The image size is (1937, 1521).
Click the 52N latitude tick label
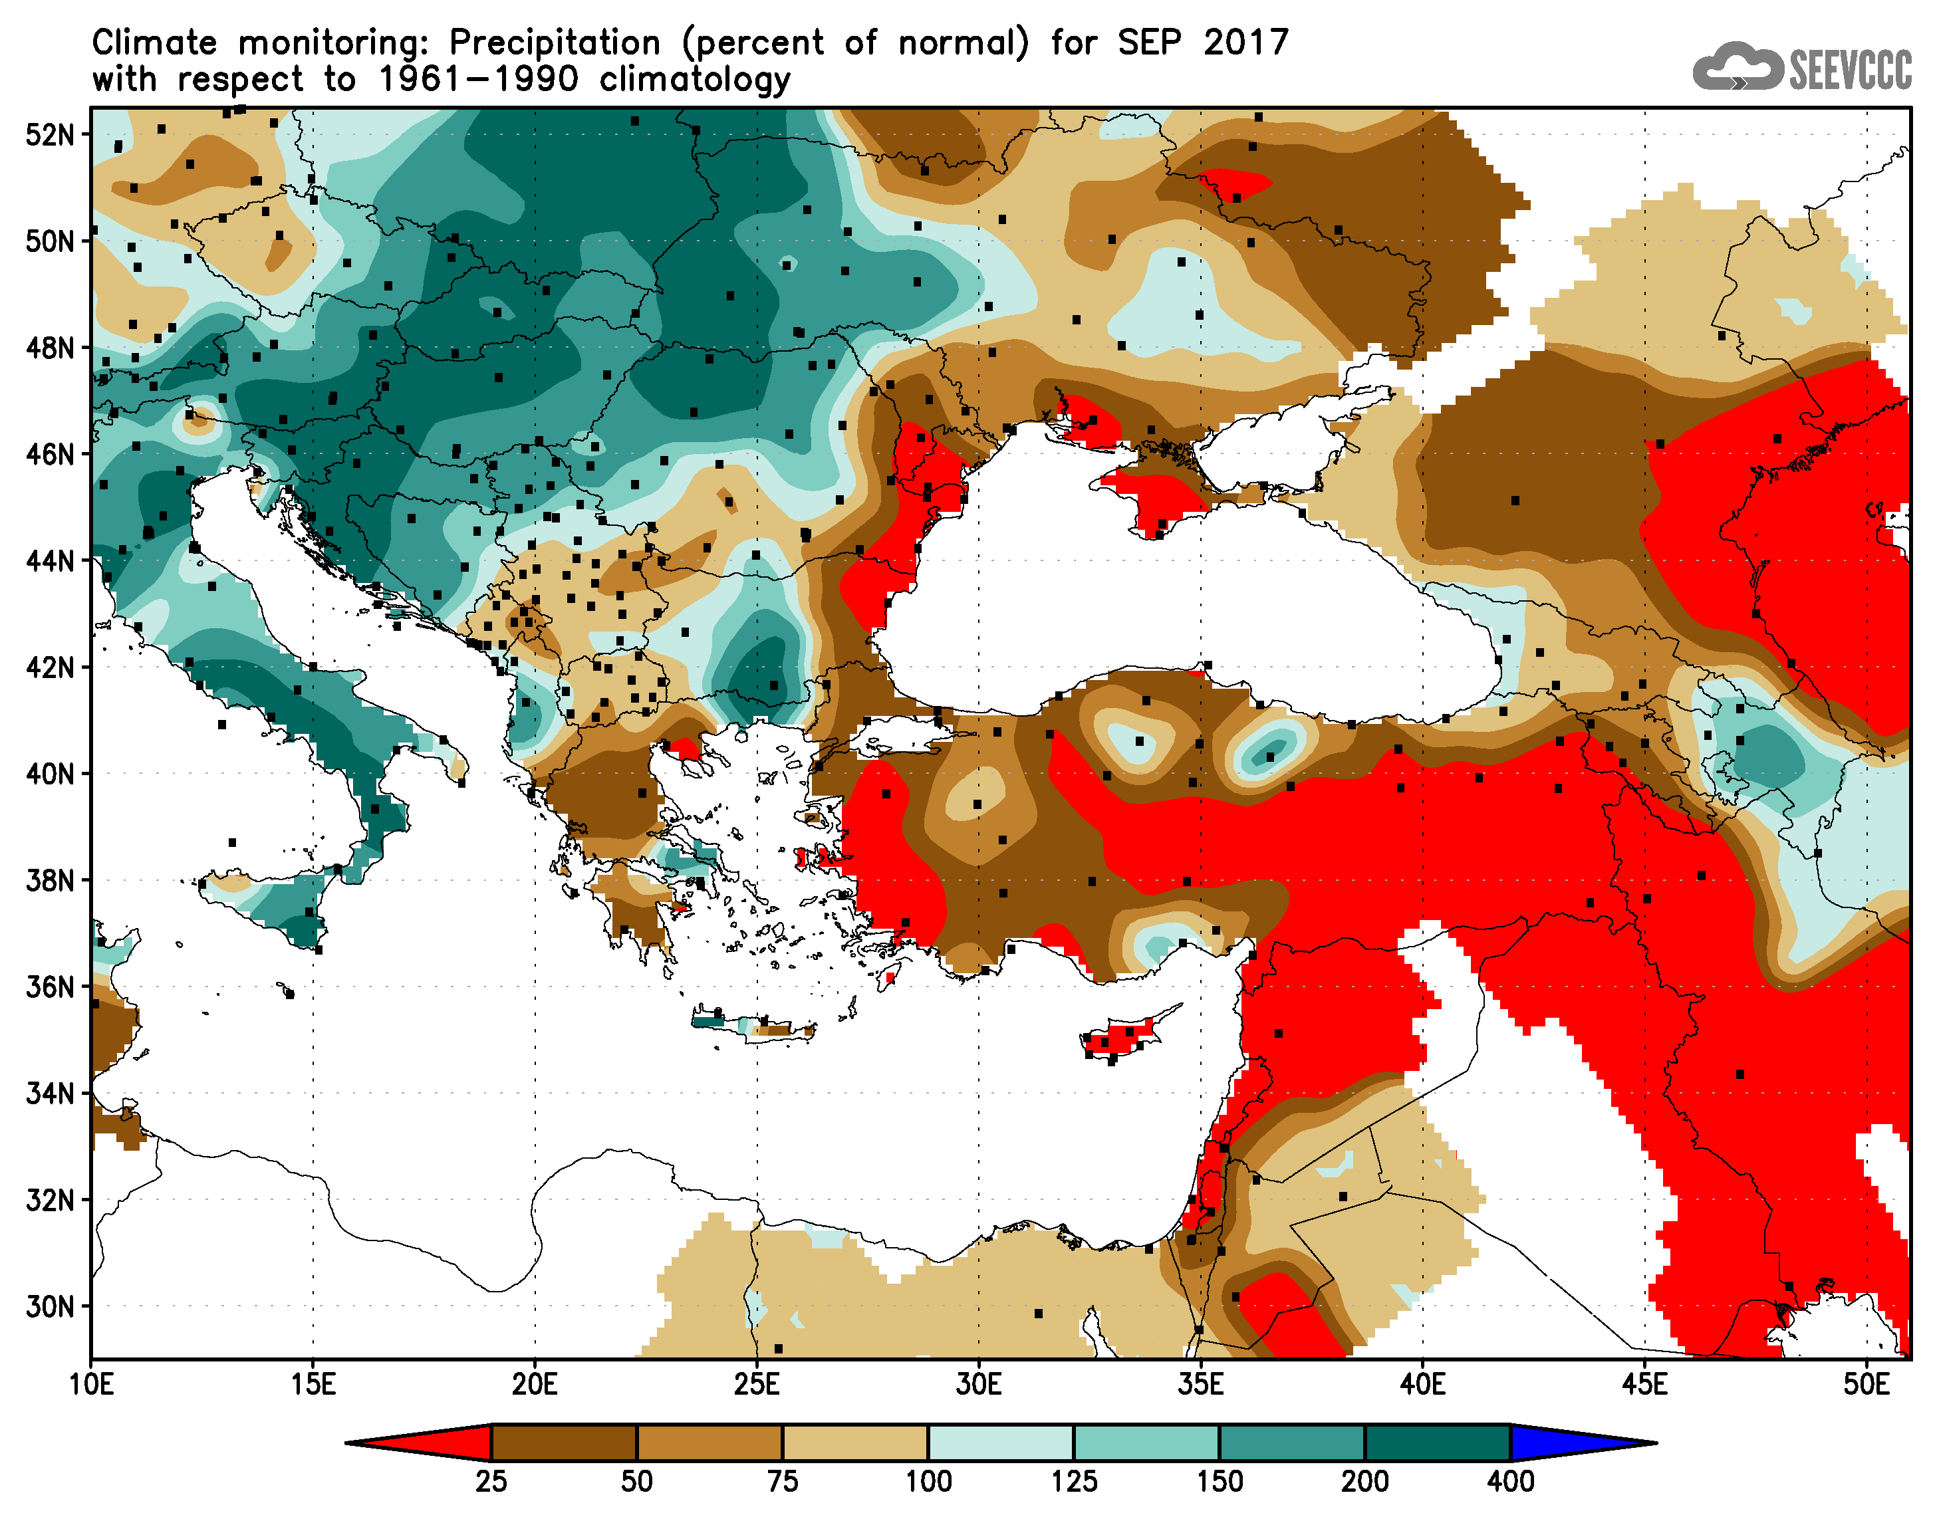[x=50, y=136]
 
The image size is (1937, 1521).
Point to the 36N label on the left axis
[x=50, y=988]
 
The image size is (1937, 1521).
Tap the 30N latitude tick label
[x=50, y=1308]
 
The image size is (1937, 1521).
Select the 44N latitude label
[x=50, y=562]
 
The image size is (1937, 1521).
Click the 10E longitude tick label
[x=91, y=1385]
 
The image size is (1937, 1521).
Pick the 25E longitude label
[x=757, y=1385]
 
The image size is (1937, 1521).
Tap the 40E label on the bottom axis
[x=1422, y=1385]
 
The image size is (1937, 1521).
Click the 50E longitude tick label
[x=1866, y=1385]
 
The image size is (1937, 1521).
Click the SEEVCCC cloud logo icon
[x=1737, y=66]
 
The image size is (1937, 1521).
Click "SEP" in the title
[x=1150, y=43]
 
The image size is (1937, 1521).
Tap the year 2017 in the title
[x=1246, y=43]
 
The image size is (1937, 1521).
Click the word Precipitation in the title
[x=555, y=43]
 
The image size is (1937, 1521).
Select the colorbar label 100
[x=928, y=1482]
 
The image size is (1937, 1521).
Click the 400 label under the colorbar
[x=1510, y=1482]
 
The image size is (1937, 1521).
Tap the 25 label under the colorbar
[x=491, y=1482]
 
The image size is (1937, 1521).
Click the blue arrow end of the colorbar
[x=1577, y=1443]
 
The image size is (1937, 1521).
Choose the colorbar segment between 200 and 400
[x=1438, y=1443]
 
